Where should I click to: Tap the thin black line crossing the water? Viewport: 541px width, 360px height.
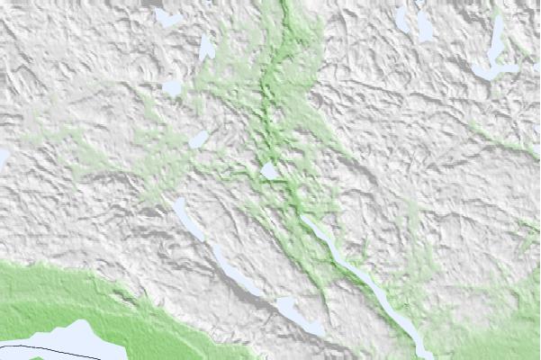36,343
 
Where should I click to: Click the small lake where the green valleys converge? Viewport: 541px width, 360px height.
269,170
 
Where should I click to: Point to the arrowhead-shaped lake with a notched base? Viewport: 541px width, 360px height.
207,48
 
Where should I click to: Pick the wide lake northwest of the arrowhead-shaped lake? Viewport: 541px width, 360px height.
167,16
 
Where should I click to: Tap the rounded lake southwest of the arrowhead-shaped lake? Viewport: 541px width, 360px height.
172,88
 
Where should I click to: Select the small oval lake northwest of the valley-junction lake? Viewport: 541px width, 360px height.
199,139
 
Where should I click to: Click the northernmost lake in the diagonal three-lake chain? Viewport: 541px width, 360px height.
189,218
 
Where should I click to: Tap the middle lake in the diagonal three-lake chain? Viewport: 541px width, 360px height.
237,270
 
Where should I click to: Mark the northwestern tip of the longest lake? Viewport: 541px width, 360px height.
303,217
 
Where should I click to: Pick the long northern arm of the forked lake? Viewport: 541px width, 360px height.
497,40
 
